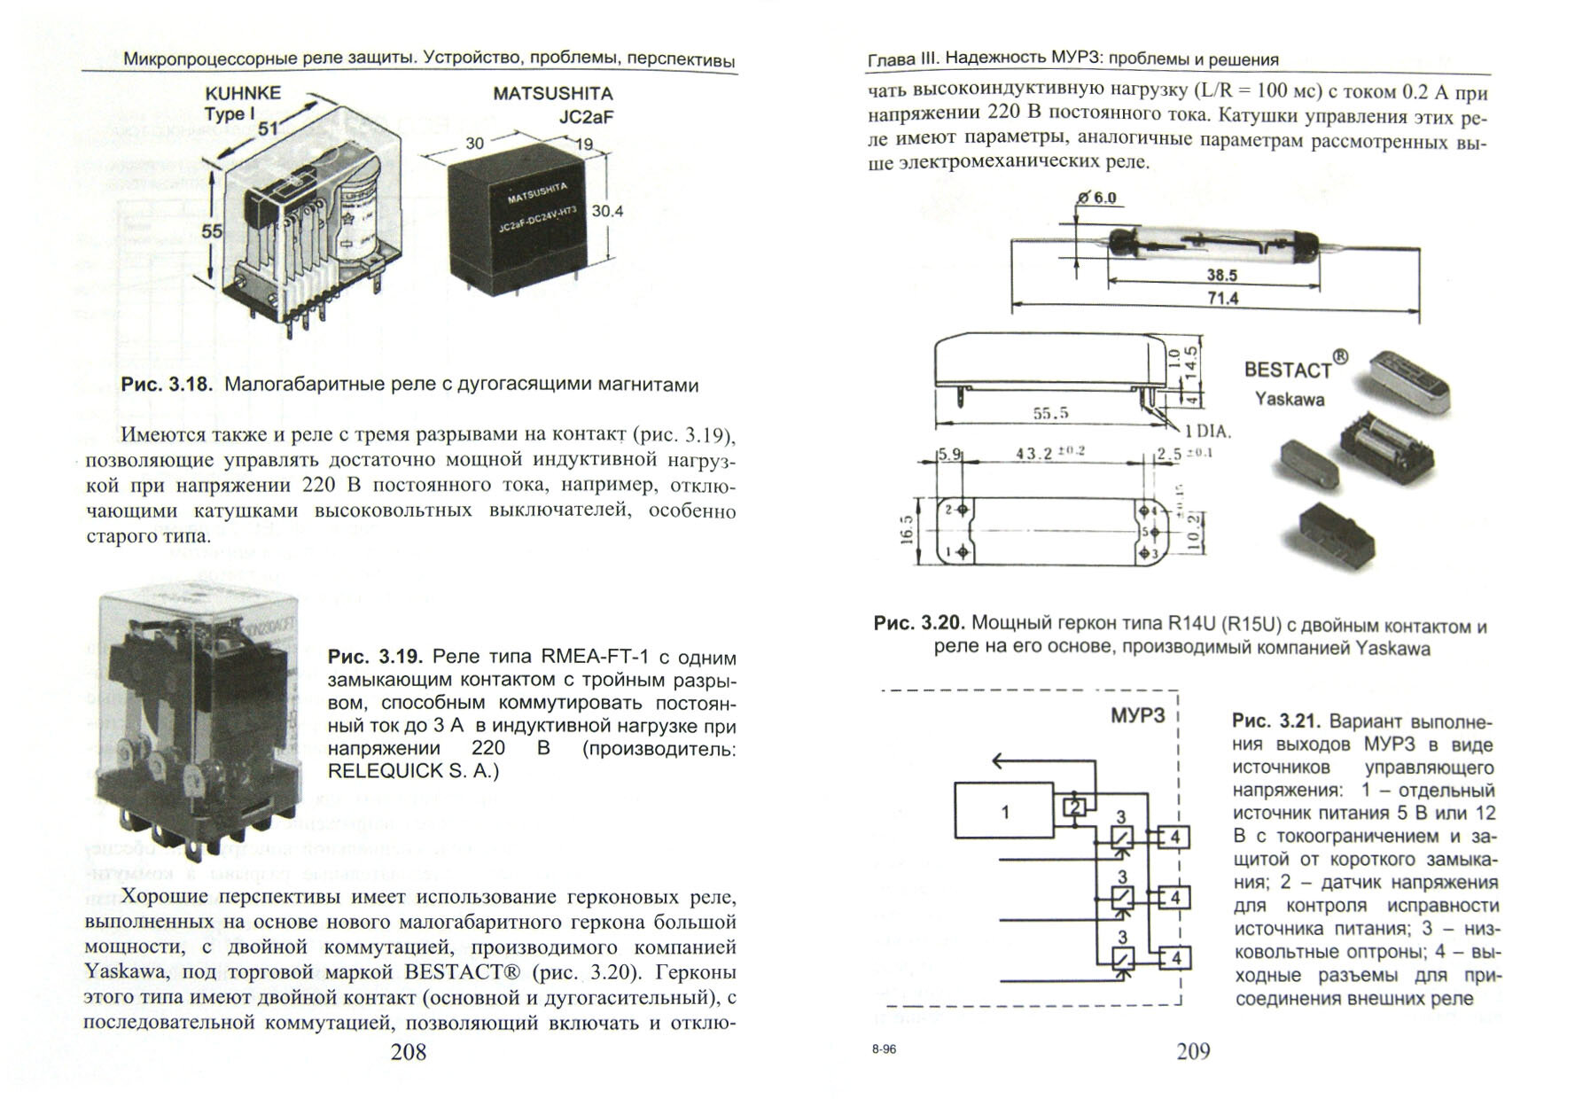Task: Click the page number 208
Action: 409,1051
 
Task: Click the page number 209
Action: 1192,1051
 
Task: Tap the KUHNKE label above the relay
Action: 243,93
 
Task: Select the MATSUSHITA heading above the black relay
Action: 552,93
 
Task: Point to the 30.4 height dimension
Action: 607,211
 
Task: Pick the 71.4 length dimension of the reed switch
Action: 1222,298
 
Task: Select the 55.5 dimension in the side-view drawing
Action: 1050,413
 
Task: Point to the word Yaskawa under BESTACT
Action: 1290,399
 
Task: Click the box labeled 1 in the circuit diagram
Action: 1004,810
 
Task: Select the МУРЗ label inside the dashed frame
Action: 1138,715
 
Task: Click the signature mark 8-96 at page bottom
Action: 884,1049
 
